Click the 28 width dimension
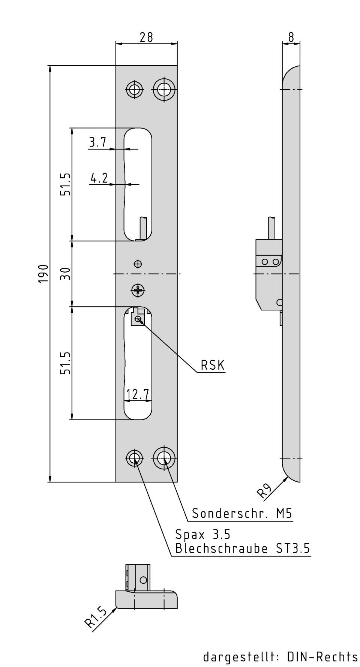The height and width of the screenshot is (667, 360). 146,37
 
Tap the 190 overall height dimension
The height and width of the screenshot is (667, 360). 43,274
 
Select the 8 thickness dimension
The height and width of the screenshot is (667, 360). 291,37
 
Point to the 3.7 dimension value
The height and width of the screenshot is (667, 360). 97,142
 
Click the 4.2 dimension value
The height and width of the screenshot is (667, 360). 99,178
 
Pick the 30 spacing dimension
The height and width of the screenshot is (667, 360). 66,274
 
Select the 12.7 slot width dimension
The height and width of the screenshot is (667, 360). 138,394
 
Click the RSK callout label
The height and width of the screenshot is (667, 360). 213,365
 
